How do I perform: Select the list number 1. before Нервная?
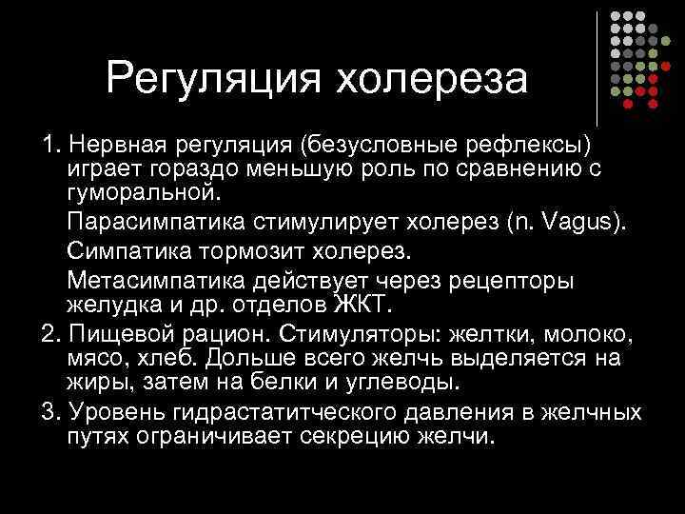click(x=50, y=145)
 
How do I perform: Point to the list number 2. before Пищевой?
click(x=50, y=334)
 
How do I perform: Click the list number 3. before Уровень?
click(x=50, y=413)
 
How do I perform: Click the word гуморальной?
click(x=143, y=194)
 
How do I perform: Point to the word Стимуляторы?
click(x=364, y=334)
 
